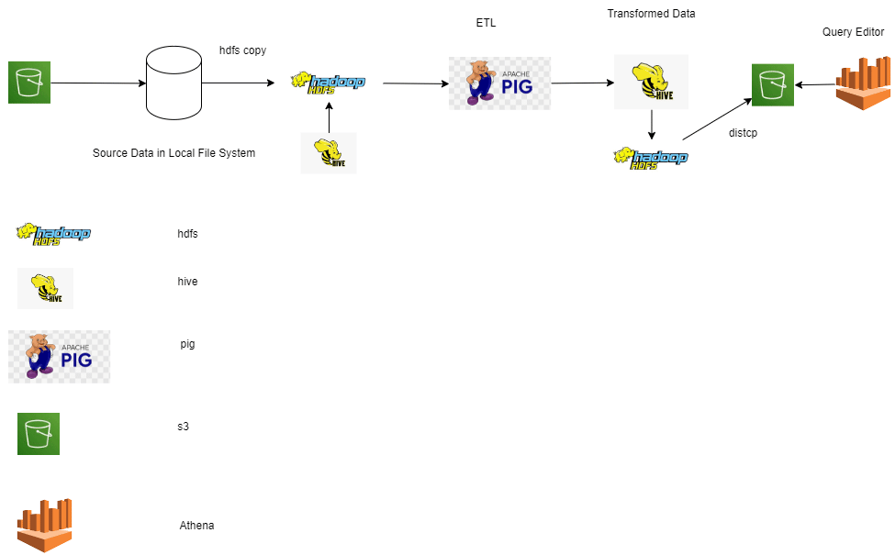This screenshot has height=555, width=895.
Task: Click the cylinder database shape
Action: [x=173, y=83]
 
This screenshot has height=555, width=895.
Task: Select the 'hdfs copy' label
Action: [x=242, y=50]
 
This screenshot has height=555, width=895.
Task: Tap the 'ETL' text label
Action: [x=486, y=23]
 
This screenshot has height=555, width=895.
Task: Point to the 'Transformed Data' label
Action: [x=651, y=14]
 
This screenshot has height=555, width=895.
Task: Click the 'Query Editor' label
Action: [x=853, y=32]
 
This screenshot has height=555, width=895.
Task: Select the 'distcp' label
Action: [x=743, y=133]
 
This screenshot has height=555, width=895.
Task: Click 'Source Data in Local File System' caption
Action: [x=173, y=153]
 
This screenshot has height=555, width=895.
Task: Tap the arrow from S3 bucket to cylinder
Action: [x=97, y=83]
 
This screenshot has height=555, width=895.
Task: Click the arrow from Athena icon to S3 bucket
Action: [x=815, y=85]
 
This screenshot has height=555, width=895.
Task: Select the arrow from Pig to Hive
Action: [x=582, y=83]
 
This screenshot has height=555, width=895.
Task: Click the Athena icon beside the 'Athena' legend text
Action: [x=44, y=526]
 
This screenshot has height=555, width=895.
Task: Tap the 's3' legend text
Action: [x=184, y=427]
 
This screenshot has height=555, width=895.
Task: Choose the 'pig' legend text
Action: [x=187, y=344]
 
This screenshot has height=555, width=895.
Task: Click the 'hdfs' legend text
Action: [x=187, y=234]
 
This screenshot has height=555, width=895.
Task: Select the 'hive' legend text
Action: [x=187, y=282]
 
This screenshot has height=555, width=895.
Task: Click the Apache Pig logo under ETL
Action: [x=499, y=83]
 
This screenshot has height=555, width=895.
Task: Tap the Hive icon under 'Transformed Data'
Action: [x=651, y=82]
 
